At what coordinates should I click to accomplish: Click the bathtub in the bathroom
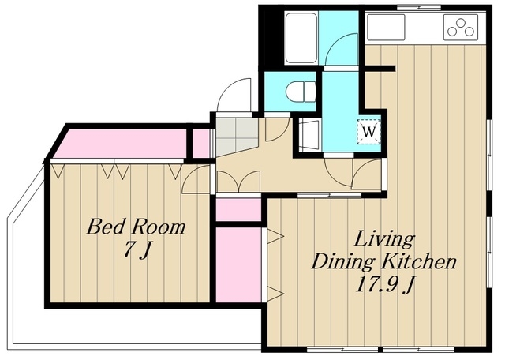[x=301, y=38]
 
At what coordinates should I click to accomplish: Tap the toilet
[x=301, y=92]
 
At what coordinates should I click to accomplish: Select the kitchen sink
[x=386, y=27]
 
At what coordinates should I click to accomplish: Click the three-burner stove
[x=460, y=27]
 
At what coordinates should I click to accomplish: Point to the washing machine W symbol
[x=368, y=132]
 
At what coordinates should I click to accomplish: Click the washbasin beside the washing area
[x=309, y=134]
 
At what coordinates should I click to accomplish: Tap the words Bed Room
[x=137, y=227]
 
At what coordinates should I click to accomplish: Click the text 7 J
[x=137, y=249]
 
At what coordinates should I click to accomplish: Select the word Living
[x=384, y=240]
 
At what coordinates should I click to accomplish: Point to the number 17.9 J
[x=384, y=284]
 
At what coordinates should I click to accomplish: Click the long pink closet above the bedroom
[x=122, y=144]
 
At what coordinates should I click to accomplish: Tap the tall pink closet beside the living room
[x=238, y=265]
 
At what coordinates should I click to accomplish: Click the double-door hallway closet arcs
[x=238, y=182]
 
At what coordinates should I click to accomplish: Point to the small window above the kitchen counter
[x=418, y=7]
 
